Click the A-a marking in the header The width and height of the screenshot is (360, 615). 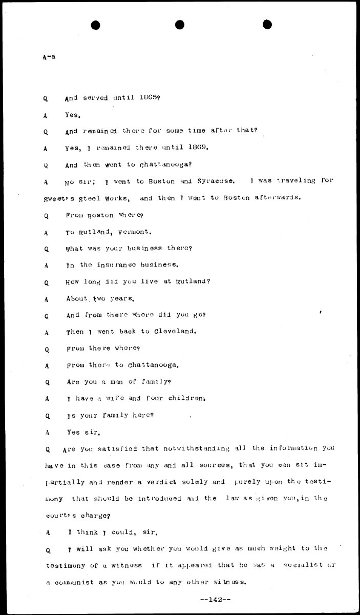[49, 57]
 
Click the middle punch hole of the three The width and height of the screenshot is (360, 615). [179, 24]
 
